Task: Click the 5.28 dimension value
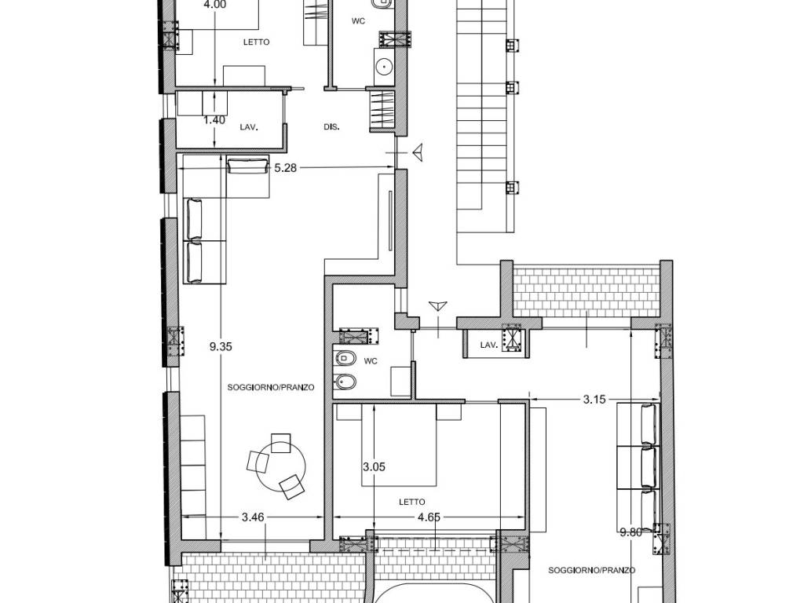(x=286, y=168)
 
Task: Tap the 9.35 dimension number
(x=221, y=346)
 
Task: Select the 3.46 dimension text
(x=253, y=517)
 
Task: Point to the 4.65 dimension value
(x=429, y=517)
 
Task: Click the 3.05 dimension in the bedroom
(x=375, y=467)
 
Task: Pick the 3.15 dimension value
(x=595, y=400)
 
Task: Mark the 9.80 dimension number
(x=630, y=533)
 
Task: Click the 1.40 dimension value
(x=214, y=120)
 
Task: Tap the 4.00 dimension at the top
(x=215, y=5)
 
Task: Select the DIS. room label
(x=332, y=126)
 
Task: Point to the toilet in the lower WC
(x=345, y=357)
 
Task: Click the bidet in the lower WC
(x=345, y=382)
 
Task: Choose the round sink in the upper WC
(x=383, y=67)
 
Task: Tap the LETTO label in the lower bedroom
(x=412, y=502)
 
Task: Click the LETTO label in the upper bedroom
(x=257, y=42)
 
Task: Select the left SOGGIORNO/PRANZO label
(x=271, y=388)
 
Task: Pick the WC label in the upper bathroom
(x=358, y=21)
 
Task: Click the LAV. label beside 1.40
(x=249, y=126)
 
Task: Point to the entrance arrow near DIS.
(x=418, y=152)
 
